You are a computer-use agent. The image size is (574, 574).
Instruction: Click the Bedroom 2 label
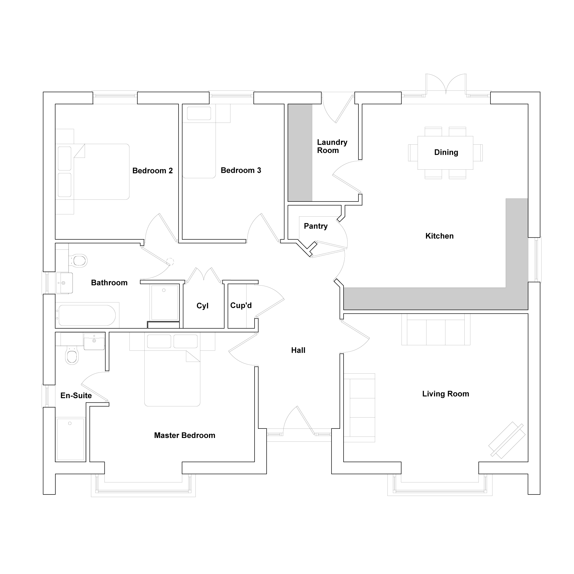[x=152, y=170]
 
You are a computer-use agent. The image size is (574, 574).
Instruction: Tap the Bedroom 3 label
[x=241, y=170]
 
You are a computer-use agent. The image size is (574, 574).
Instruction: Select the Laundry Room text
[x=332, y=146]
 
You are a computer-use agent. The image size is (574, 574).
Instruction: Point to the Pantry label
[x=315, y=226]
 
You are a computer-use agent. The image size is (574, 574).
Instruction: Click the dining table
[x=445, y=153]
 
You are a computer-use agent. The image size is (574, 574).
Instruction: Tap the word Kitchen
[x=439, y=236]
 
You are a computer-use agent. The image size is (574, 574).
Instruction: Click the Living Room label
[x=446, y=394]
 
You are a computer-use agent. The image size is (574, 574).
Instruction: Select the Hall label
[x=298, y=350]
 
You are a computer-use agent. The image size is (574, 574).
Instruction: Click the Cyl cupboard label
[x=203, y=306]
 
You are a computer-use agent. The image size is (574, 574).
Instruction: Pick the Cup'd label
[x=241, y=305]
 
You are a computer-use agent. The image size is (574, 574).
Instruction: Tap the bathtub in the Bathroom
[x=87, y=315]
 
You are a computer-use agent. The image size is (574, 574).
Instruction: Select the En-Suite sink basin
[x=94, y=342]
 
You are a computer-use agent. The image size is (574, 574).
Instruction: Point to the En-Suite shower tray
[x=71, y=439]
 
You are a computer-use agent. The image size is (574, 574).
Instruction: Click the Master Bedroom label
[x=185, y=435]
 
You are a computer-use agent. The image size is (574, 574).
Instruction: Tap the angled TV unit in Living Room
[x=507, y=440]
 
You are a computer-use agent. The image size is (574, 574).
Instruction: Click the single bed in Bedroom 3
[x=199, y=141]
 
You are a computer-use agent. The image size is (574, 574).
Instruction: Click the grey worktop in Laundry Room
[x=300, y=153]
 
